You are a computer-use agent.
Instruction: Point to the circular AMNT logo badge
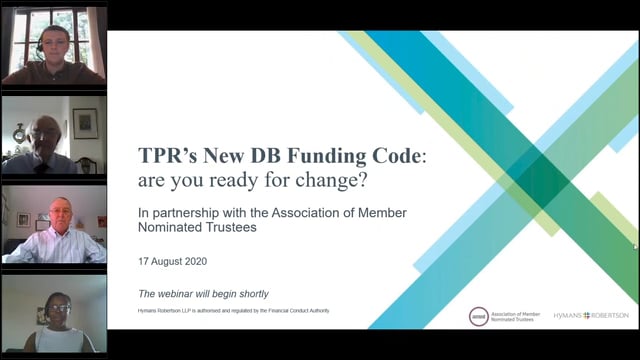click(x=479, y=316)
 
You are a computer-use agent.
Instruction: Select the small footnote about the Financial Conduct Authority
click(x=234, y=311)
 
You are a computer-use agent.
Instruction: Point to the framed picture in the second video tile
click(x=85, y=122)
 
